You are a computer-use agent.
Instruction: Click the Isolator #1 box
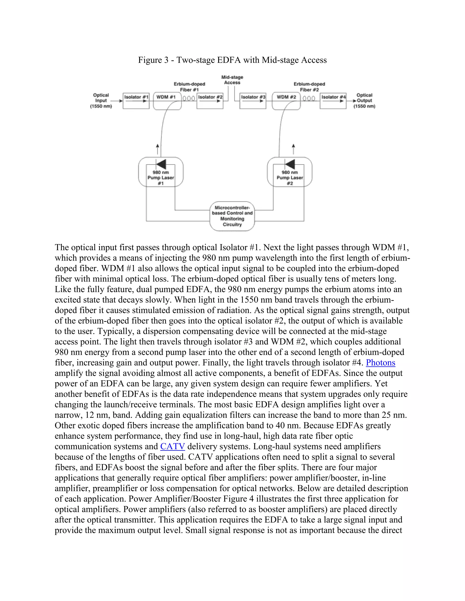point(136,101)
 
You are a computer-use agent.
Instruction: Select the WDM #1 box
point(167,101)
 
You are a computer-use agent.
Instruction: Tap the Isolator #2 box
point(210,101)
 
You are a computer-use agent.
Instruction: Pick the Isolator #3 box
point(253,101)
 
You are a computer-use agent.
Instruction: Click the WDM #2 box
point(286,101)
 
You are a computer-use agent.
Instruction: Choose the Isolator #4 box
point(333,101)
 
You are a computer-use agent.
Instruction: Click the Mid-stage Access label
point(232,80)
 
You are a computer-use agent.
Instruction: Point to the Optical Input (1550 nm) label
point(101,101)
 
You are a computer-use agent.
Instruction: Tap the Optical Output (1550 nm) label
point(364,101)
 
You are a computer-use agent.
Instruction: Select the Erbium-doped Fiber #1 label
point(190,87)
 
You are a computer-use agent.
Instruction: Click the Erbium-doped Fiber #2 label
point(309,87)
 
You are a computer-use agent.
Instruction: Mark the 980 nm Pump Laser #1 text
point(161,178)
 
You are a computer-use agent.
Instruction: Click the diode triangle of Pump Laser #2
point(290,164)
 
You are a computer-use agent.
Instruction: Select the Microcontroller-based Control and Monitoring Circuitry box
point(232,216)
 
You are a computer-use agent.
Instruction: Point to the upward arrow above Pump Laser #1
point(157,149)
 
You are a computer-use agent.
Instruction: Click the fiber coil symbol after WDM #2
point(309,98)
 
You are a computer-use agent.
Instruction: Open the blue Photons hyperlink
point(381,363)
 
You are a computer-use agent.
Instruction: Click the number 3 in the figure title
point(166,60)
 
